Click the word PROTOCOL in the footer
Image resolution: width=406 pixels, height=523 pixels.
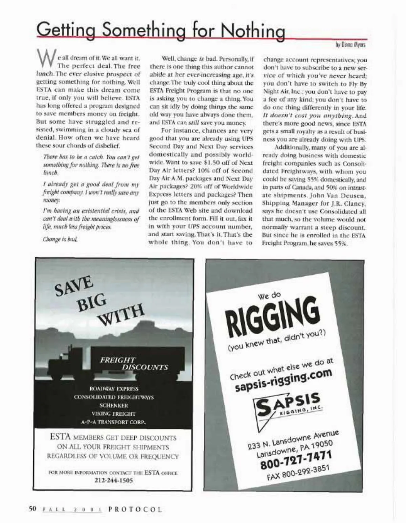click(x=135, y=509)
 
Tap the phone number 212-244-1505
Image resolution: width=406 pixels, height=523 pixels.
click(x=113, y=480)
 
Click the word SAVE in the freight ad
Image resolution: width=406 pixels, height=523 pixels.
click(x=74, y=286)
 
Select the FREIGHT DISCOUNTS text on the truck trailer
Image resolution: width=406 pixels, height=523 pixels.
click(x=134, y=364)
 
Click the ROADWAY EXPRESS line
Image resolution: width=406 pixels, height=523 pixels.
click(x=114, y=389)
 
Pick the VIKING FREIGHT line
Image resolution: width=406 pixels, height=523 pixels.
click(x=114, y=413)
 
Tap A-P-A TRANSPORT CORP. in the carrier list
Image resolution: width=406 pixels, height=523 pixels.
click(x=114, y=422)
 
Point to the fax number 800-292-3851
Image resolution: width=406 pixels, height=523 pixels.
click(x=298, y=473)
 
